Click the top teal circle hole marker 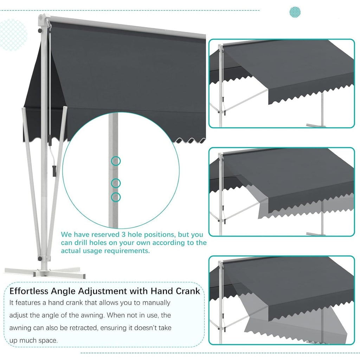(x=116, y=161)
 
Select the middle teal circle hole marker (x=116, y=183)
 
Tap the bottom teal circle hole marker (x=116, y=197)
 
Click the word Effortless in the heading (x=29, y=291)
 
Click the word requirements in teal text (x=128, y=251)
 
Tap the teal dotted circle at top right (x=295, y=12)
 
